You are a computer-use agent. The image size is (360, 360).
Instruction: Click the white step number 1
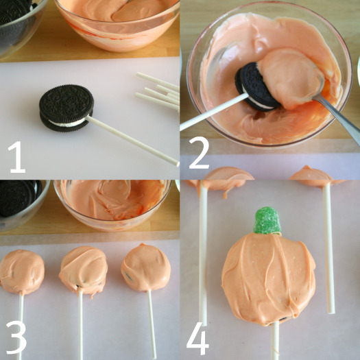click(x=17, y=157)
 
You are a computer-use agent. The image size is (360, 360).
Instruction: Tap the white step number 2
click(x=199, y=153)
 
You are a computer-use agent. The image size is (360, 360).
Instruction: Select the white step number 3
click(x=16, y=337)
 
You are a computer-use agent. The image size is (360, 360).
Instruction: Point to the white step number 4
click(x=197, y=338)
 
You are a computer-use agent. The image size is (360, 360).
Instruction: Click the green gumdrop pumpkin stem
click(x=267, y=220)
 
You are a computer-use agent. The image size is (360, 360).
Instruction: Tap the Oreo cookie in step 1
click(x=67, y=108)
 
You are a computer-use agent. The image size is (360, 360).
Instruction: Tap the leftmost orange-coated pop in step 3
click(x=22, y=272)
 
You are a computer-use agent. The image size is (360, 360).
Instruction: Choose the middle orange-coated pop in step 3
click(x=84, y=270)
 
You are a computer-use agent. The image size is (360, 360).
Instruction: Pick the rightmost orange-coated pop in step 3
click(x=146, y=267)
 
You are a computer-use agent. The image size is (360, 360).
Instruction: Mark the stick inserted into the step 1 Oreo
click(x=133, y=141)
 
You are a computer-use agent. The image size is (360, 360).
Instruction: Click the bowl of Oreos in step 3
click(x=22, y=204)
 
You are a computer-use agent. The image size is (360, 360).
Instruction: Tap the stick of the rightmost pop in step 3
click(x=152, y=324)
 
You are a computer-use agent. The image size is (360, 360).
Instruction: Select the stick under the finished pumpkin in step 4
click(x=275, y=341)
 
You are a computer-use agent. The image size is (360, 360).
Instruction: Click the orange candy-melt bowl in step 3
click(x=112, y=204)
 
